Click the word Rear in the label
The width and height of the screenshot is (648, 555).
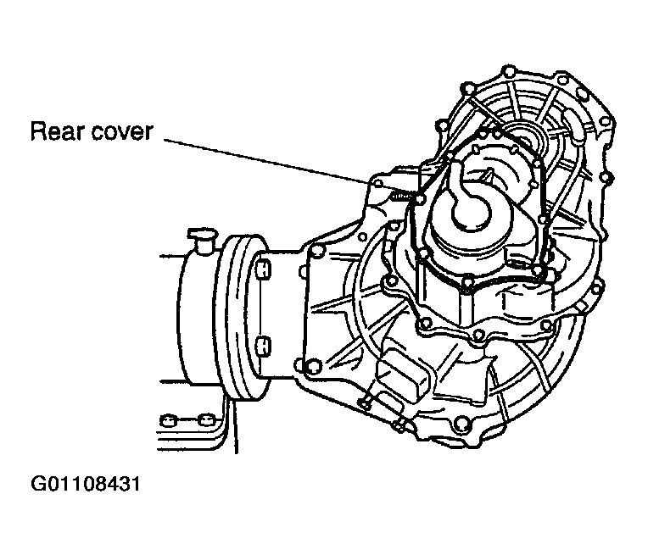[57, 131]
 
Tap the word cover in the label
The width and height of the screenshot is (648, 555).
[122, 133]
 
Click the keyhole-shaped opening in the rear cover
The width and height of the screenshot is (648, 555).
[471, 203]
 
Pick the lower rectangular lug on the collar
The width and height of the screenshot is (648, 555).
[263, 346]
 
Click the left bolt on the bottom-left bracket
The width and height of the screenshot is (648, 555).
[168, 421]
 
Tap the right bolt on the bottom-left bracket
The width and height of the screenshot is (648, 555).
[205, 421]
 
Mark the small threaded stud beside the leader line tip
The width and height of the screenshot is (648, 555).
[402, 197]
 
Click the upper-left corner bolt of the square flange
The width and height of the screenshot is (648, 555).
[316, 252]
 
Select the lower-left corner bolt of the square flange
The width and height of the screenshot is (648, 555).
[313, 367]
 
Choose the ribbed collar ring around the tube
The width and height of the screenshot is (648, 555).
[242, 318]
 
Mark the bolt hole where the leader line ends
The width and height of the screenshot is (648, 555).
[377, 184]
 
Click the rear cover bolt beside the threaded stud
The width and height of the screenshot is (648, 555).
[420, 200]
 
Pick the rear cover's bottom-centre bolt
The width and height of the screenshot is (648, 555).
[466, 282]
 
